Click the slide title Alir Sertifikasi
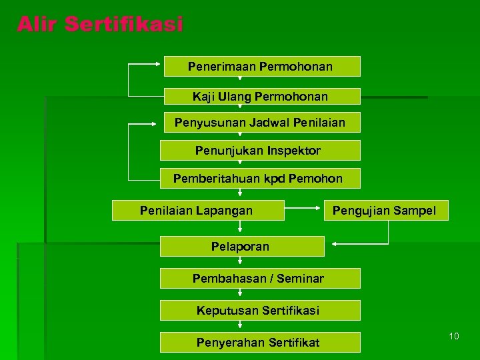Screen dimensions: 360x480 pyautogui.click(x=100, y=25)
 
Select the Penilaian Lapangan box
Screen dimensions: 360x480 pyautogui.click(x=197, y=211)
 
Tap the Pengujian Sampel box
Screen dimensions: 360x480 pyautogui.click(x=384, y=211)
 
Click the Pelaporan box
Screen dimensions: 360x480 pyautogui.click(x=241, y=247)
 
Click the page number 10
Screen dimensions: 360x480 pyautogui.click(x=453, y=336)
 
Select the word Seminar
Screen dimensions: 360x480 pyautogui.click(x=301, y=278)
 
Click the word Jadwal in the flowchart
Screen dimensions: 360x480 pyautogui.click(x=271, y=123)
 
